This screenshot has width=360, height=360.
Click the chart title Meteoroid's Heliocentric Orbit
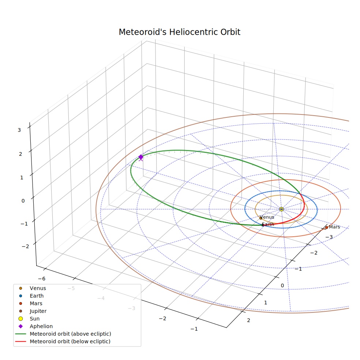(179, 32)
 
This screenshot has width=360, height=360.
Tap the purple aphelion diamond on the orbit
(141, 157)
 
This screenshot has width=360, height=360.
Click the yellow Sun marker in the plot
(281, 209)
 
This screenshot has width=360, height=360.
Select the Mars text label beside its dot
(334, 227)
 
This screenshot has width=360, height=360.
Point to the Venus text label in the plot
(267, 217)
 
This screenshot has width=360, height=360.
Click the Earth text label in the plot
(268, 224)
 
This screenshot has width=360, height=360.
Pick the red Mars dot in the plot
(326, 228)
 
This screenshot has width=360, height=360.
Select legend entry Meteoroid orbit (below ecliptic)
(63, 341)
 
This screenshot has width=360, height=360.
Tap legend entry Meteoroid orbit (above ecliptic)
(63, 334)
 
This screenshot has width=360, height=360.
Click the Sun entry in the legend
(29, 319)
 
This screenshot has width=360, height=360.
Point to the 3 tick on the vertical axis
(19, 130)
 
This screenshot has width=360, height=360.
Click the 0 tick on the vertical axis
(23, 201)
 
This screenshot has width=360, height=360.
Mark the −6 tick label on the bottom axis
(42, 279)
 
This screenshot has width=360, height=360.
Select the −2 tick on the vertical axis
(25, 247)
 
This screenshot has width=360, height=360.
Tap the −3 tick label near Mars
(329, 237)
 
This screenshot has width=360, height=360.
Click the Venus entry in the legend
(32, 288)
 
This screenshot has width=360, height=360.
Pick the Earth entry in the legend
(31, 296)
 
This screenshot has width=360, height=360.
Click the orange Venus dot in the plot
(261, 218)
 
